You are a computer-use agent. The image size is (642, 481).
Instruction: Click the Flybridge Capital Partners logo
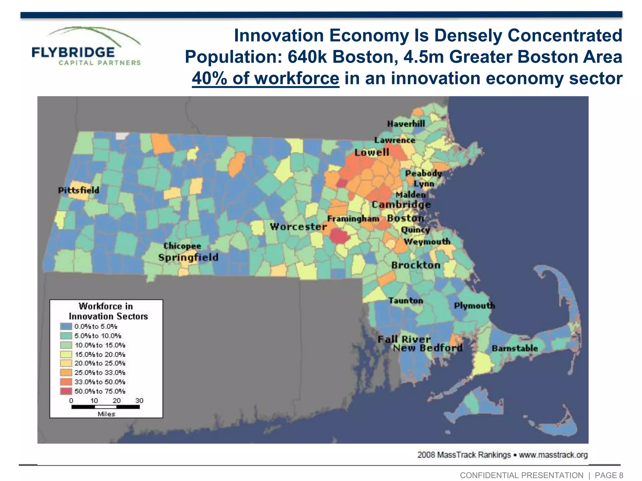coord(86,47)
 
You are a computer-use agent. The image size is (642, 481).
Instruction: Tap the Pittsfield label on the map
coord(78,190)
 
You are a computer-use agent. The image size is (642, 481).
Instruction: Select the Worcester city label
coord(298,226)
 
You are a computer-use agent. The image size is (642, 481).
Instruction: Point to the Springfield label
coord(188,257)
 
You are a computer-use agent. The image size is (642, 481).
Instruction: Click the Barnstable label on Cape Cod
coord(514,348)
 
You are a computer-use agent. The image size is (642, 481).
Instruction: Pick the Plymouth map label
coord(474,305)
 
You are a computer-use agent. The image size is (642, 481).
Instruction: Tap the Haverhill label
coord(406,124)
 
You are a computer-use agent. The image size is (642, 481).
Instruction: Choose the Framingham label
coord(353,219)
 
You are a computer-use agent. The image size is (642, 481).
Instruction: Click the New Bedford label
coord(428,348)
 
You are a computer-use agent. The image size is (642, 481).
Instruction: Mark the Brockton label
coord(416,265)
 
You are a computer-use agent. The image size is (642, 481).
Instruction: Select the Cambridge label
coord(401,204)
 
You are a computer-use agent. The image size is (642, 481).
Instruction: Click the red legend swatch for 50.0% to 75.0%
coord(66,391)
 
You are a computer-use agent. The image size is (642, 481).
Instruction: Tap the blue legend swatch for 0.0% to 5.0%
coord(66,326)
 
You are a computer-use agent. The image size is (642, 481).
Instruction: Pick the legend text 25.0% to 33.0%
coord(100,373)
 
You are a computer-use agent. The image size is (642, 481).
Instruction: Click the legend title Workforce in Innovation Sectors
coord(107,311)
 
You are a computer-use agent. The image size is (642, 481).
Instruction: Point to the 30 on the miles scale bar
coord(139,401)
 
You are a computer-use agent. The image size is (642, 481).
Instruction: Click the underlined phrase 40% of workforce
coord(265,78)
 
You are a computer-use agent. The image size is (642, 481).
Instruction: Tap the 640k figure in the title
coord(308,57)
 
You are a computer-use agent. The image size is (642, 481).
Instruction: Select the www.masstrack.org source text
coord(553,455)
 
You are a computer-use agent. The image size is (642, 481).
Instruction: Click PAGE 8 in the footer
coord(608,475)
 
